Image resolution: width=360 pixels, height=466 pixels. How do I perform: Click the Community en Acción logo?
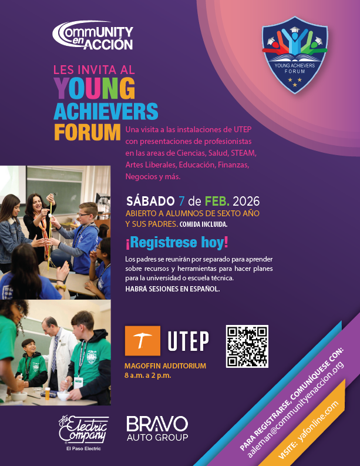93,36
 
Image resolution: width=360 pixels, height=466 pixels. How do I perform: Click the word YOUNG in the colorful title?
94,88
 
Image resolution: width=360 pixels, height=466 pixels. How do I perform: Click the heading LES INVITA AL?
94,68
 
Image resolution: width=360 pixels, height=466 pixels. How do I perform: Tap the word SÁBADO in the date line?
150,201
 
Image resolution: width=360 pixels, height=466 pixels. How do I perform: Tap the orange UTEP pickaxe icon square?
143,340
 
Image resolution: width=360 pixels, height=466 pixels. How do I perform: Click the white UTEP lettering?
188,341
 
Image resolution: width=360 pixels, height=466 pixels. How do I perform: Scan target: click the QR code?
247,346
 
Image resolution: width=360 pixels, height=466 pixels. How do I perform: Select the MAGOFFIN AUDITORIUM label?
165,366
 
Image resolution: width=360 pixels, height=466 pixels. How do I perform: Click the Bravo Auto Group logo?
157,428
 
